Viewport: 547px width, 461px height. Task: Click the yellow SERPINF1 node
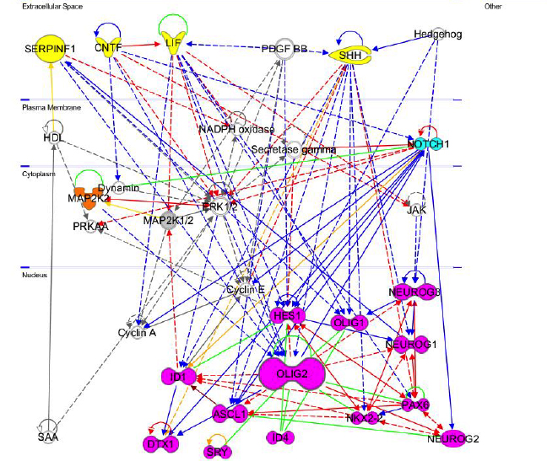pos(50,50)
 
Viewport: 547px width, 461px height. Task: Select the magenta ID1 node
pos(178,376)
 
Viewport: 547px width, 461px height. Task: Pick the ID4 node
pos(279,438)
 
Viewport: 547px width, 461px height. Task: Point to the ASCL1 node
pos(229,414)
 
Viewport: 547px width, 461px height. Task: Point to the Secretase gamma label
pos(294,150)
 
